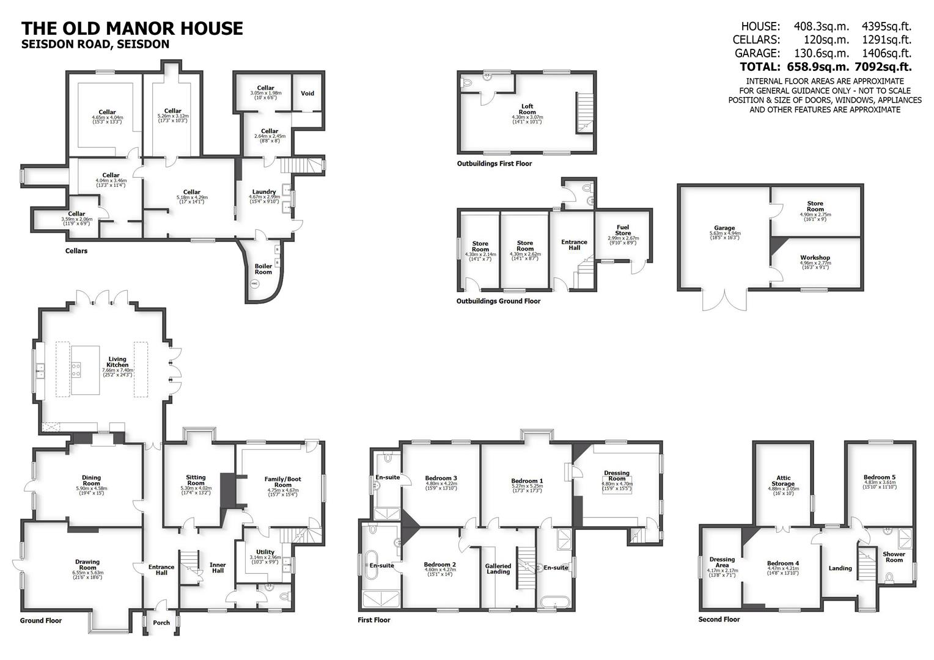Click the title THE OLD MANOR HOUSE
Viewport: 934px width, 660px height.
pos(132,28)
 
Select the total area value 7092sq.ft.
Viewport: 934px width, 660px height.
pos(886,67)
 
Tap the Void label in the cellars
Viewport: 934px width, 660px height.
pos(307,94)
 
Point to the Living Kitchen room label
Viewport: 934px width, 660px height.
pos(117,362)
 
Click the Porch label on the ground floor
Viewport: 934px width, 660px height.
pos(161,623)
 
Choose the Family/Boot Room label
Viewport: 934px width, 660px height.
pos(282,482)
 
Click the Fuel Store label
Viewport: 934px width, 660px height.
pos(623,230)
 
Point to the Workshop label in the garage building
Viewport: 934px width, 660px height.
pos(815,258)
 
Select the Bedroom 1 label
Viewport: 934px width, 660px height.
pos(526,481)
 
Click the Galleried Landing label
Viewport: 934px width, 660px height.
pos(498,568)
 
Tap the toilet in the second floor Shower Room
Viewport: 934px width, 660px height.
pos(890,577)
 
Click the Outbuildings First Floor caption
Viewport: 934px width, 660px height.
pos(494,164)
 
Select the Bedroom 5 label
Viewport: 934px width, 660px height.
pos(880,477)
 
